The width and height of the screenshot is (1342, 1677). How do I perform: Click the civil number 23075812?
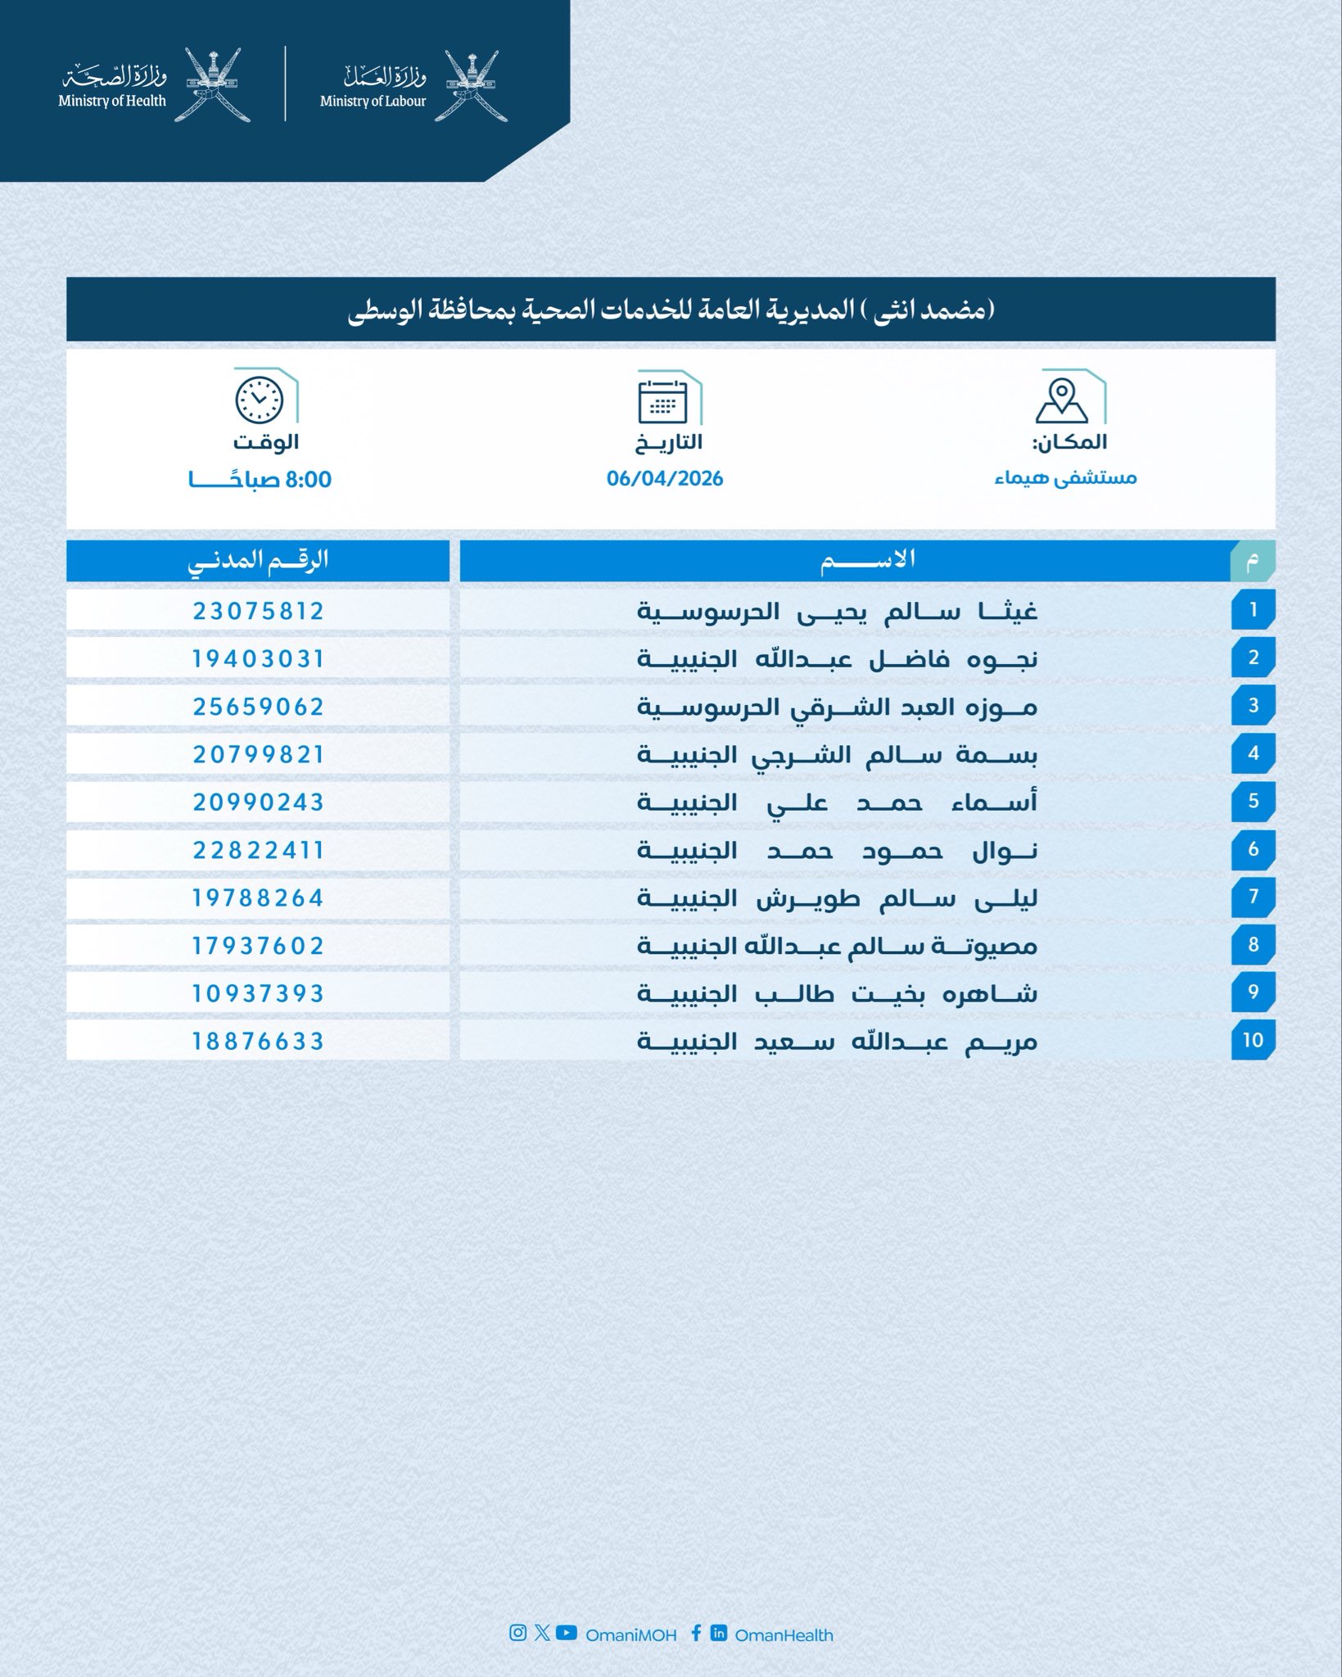(259, 611)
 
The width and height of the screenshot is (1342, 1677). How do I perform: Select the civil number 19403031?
(259, 659)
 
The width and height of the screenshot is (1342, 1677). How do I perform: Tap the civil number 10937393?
(259, 993)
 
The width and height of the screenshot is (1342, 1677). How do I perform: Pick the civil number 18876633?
(259, 1042)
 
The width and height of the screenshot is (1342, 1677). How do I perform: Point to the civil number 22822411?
(259, 850)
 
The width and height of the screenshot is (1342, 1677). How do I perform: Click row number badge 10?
(1253, 1040)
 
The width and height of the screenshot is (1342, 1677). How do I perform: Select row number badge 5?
(1253, 801)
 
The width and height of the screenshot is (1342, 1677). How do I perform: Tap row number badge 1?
(1253, 610)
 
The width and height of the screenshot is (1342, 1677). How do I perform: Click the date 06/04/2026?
(665, 479)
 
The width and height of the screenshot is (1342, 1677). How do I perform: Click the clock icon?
(260, 400)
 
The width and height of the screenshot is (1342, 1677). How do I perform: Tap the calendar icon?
(663, 402)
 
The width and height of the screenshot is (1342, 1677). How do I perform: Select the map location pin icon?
(1061, 400)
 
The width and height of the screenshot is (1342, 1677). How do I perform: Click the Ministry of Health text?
(112, 102)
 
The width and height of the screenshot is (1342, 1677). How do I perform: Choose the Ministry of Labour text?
(373, 102)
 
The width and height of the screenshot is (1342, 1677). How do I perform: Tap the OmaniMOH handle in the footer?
(630, 1635)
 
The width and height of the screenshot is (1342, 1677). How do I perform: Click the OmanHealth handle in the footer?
(784, 1635)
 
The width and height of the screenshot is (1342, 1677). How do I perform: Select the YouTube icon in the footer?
(567, 1634)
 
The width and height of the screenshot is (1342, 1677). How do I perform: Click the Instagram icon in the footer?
(517, 1634)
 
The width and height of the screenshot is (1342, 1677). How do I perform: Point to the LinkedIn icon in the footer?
(719, 1634)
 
